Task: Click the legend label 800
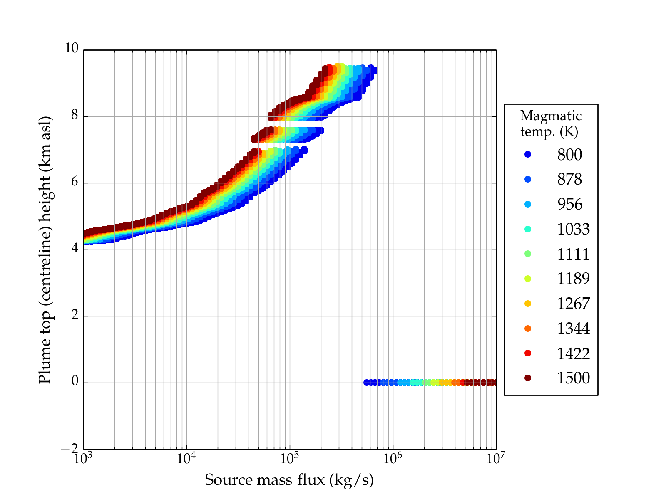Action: pyautogui.click(x=569, y=155)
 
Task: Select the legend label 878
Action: pyautogui.click(x=569, y=179)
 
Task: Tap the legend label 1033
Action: pyautogui.click(x=573, y=229)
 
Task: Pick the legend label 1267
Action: pyautogui.click(x=573, y=304)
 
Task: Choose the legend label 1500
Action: pyautogui.click(x=573, y=378)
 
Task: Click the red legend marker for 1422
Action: pyautogui.click(x=528, y=353)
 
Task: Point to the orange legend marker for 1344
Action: pyautogui.click(x=528, y=329)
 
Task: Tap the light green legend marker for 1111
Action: pyautogui.click(x=528, y=254)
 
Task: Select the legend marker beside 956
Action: pyautogui.click(x=528, y=204)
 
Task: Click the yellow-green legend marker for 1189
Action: pyautogui.click(x=528, y=279)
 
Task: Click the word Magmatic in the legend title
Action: pyautogui.click(x=551, y=116)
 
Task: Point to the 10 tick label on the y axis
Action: pyautogui.click(x=71, y=49)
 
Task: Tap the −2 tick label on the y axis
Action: pyautogui.click(x=70, y=449)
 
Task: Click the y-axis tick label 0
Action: pyautogui.click(x=75, y=381)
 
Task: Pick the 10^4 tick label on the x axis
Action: pyautogui.click(x=186, y=458)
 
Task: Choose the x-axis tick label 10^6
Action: pyautogui.click(x=393, y=458)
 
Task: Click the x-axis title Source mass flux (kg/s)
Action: pyautogui.click(x=289, y=480)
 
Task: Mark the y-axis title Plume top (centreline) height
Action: pyautogui.click(x=45, y=249)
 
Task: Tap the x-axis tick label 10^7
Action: pyautogui.click(x=495, y=458)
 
